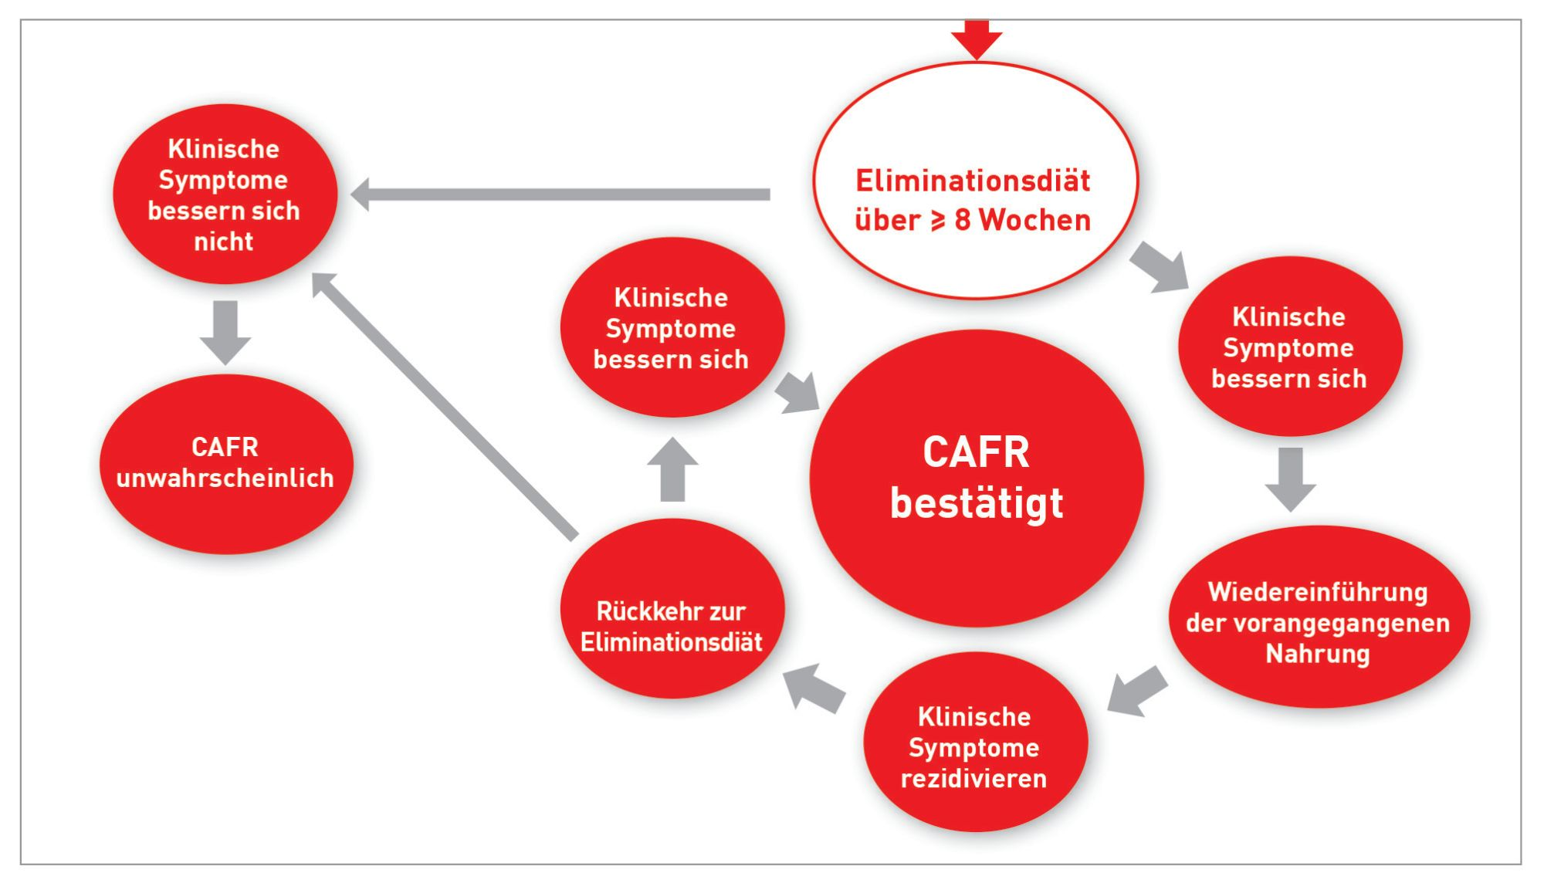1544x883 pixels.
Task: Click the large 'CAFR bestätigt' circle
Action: (x=977, y=540)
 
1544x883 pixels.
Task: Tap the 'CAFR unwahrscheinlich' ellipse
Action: (x=226, y=517)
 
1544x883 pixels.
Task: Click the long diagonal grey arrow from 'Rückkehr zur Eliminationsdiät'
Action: (x=444, y=405)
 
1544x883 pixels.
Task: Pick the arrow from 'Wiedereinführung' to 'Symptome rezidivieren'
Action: (x=1137, y=691)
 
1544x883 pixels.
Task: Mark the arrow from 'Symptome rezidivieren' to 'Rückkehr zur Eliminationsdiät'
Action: (x=814, y=688)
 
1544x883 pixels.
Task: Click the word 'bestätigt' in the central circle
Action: (x=977, y=503)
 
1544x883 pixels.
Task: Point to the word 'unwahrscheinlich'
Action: (x=225, y=479)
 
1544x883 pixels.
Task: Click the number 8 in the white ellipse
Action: (x=962, y=221)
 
